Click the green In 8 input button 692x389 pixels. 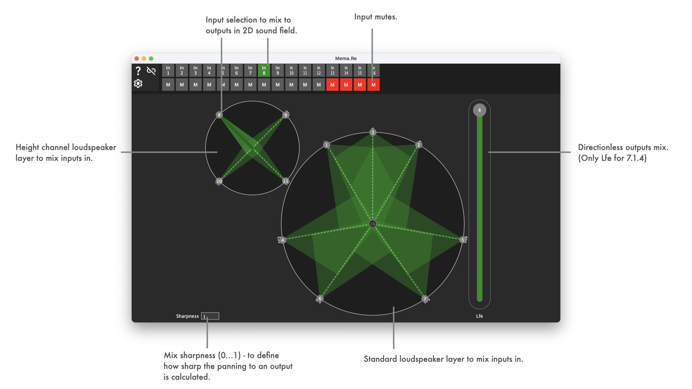click(x=264, y=71)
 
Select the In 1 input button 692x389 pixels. click(x=168, y=71)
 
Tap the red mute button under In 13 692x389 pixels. click(x=332, y=85)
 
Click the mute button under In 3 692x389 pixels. click(x=195, y=85)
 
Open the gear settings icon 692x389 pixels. click(x=138, y=84)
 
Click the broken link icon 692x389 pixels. click(x=151, y=71)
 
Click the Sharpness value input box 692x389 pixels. click(x=210, y=316)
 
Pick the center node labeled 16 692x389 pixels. click(x=373, y=224)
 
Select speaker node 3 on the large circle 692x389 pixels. click(x=373, y=132)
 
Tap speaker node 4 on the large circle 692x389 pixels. click(x=283, y=240)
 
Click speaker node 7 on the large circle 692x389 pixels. click(x=425, y=299)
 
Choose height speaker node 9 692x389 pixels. click(x=285, y=115)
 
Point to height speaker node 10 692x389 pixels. click(x=219, y=181)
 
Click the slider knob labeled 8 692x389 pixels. click(x=479, y=110)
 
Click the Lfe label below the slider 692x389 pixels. click(x=479, y=316)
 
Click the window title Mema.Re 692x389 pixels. click(x=346, y=58)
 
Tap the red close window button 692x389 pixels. click(x=137, y=58)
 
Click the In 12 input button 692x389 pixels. click(x=319, y=71)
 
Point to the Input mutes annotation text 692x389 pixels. click(x=376, y=17)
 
